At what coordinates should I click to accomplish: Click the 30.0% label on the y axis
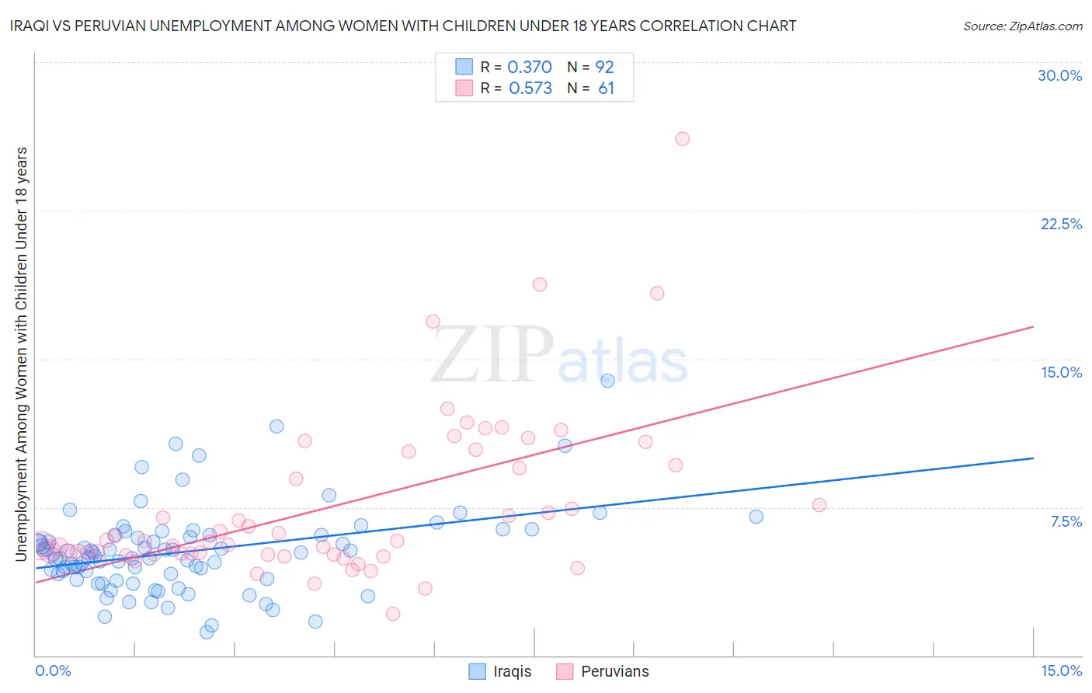pos(1059,75)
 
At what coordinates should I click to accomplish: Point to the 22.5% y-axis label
pos(1061,224)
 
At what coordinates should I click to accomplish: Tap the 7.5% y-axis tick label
pos(1066,521)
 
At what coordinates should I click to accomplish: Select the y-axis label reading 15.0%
pos(1061,372)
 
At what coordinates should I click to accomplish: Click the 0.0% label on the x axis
pos(53,670)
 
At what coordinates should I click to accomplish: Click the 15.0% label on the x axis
pos(1061,670)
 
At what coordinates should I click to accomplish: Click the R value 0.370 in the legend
pos(530,67)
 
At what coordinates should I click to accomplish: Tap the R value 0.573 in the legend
pos(530,89)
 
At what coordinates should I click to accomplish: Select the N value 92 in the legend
pos(604,67)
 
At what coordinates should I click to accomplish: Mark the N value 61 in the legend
pos(606,89)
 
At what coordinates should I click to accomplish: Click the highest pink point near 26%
pos(682,139)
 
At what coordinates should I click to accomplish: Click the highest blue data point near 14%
pos(607,381)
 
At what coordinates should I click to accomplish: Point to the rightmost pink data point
pos(819,505)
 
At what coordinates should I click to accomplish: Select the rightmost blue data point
pos(756,517)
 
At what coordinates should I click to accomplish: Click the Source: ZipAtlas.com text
pos(1022,26)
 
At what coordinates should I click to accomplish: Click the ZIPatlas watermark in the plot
pos(559,356)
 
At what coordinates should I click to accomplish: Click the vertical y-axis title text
pos(21,353)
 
